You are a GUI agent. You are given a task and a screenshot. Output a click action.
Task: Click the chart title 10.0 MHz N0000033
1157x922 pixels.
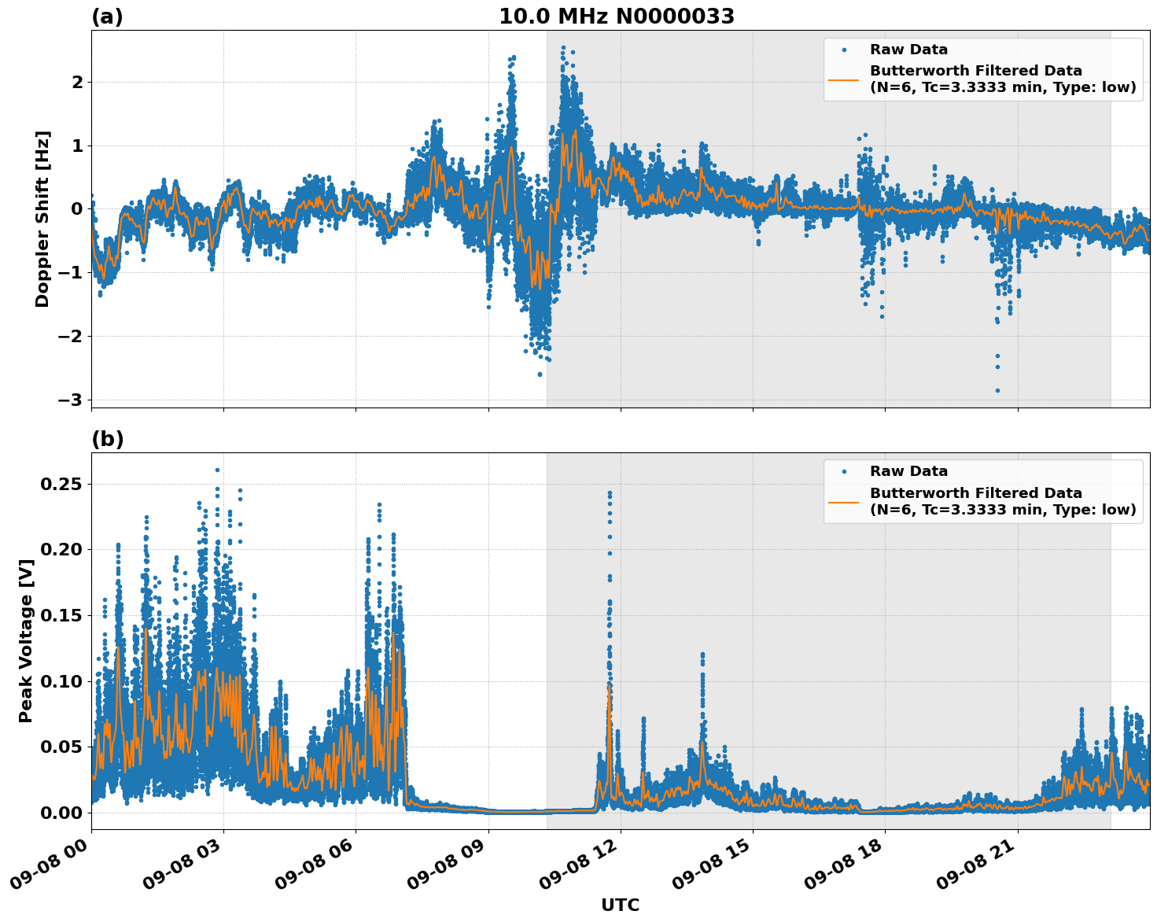616,17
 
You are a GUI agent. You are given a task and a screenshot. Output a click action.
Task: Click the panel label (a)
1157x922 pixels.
107,17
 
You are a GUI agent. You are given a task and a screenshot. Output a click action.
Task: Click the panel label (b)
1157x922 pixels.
107,439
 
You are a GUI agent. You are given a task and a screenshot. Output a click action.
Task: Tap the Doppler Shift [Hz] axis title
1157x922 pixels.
42,219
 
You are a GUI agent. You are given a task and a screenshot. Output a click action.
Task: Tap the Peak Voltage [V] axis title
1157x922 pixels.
26,641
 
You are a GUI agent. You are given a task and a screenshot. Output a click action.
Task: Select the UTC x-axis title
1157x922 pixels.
620,905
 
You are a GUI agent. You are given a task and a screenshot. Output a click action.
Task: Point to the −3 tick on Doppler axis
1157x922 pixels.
70,400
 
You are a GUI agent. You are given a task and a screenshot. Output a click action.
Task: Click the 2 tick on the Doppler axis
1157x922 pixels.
77,82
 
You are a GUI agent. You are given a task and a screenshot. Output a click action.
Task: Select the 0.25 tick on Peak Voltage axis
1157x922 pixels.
61,483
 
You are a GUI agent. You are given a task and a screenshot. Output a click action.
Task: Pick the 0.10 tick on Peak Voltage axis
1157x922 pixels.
61,680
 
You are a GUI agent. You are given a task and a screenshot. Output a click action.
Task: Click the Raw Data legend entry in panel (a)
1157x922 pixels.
908,50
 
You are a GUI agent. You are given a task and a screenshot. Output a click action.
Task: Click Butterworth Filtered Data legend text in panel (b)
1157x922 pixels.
975,493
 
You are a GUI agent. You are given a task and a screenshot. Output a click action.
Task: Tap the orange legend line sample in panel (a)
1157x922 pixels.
844,79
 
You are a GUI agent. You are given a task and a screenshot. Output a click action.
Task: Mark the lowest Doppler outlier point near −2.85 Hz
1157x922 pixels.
997,390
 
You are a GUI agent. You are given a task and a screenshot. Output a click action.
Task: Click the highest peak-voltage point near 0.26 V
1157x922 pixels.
218,470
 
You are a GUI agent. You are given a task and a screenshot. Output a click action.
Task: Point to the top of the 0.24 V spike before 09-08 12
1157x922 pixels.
610,493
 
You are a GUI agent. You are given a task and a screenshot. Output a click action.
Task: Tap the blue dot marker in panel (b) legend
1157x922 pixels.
844,471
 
